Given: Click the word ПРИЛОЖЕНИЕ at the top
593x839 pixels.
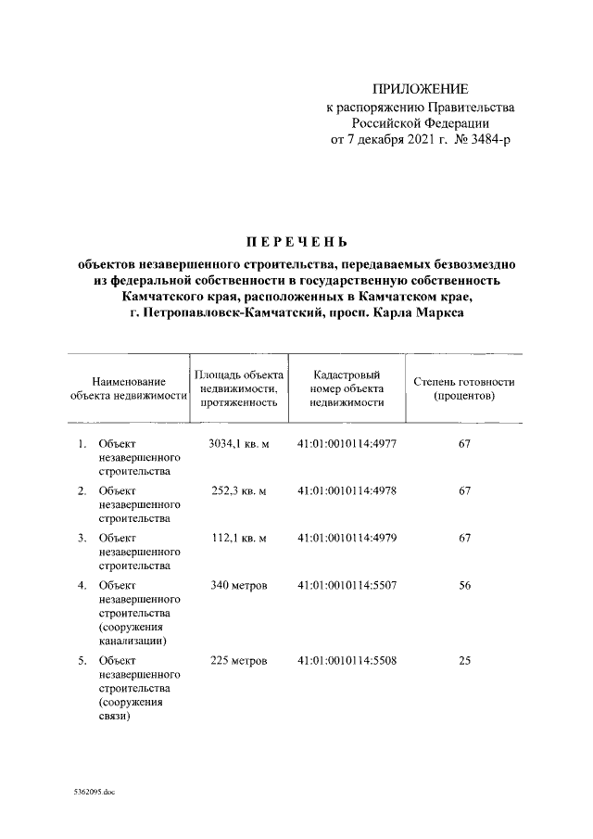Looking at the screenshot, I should [x=420, y=89].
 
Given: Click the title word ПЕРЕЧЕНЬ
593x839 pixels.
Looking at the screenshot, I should [x=296, y=243].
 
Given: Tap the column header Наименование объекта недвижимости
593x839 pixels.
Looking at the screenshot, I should [x=129, y=388].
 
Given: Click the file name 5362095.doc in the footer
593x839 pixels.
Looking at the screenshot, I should [x=89, y=793].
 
